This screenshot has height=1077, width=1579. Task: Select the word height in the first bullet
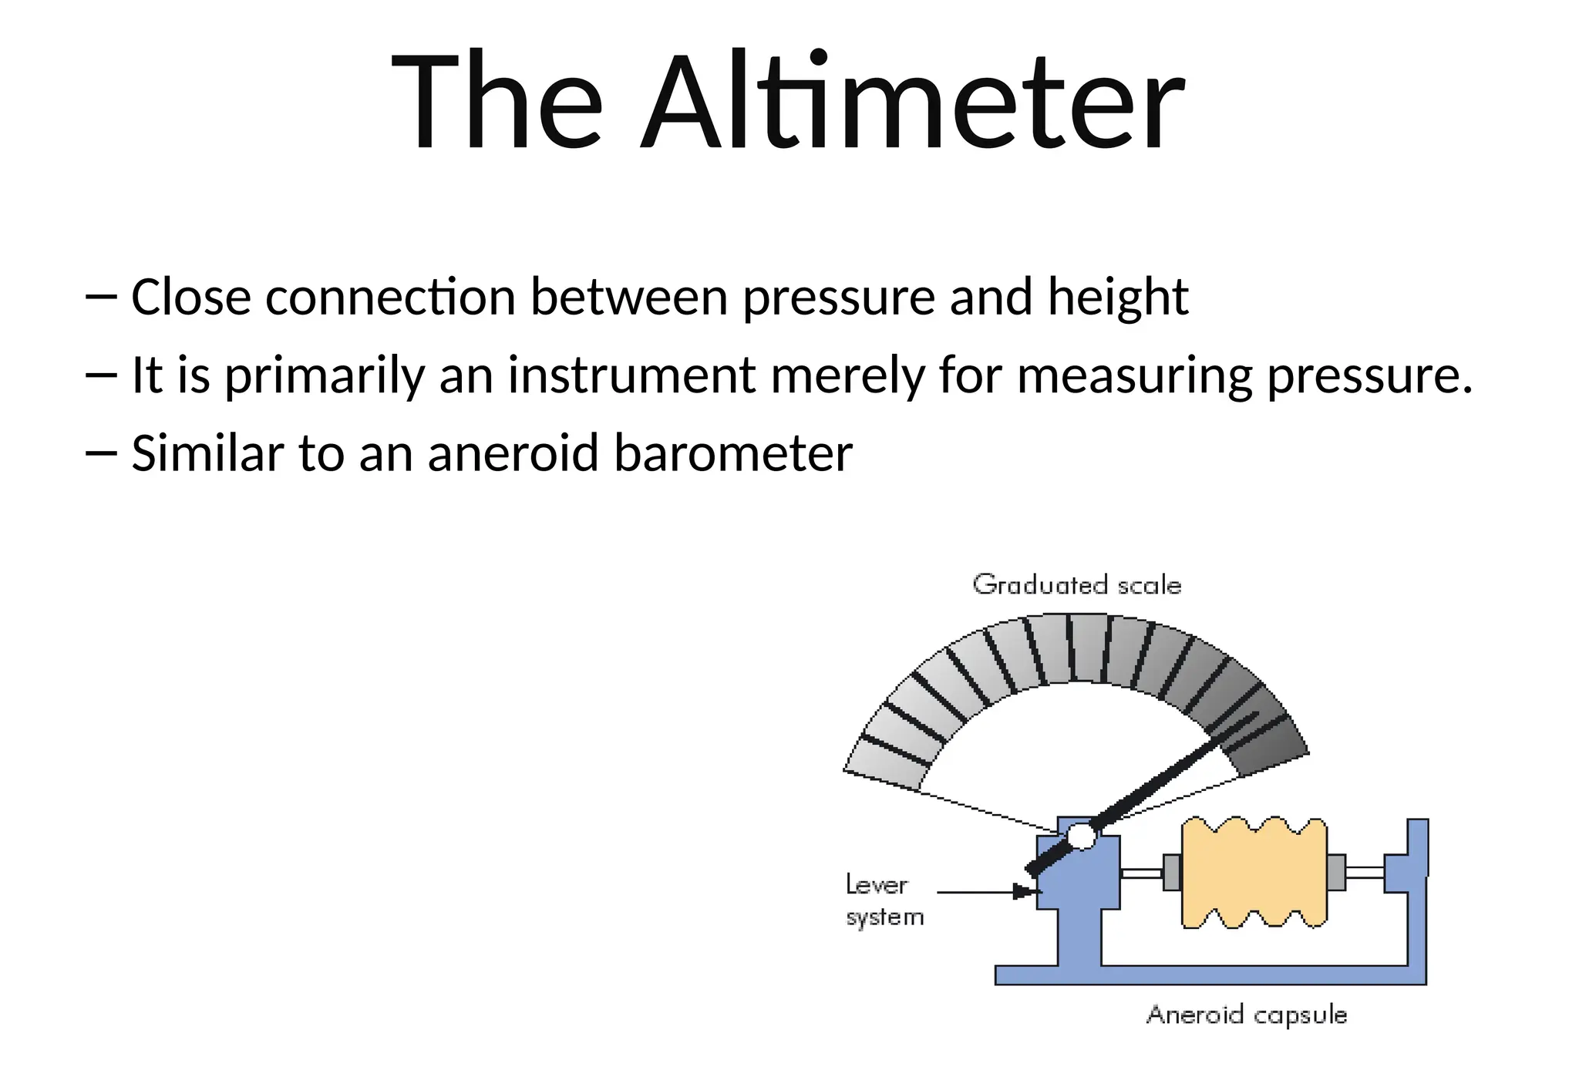coord(1118,298)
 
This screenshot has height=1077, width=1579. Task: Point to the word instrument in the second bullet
coord(631,375)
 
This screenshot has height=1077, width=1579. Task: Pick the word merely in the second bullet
coord(847,375)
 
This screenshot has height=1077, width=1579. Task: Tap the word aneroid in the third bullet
coord(513,453)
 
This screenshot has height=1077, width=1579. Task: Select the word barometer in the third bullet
coord(733,453)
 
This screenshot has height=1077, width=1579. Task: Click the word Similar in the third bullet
coord(207,453)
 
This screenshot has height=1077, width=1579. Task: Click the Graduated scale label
coord(1077,585)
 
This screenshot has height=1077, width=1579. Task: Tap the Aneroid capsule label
coord(1247,1015)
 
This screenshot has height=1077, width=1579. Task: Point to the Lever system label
coord(884,900)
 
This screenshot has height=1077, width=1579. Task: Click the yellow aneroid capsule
coord(1254,873)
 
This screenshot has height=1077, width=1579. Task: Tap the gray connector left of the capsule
coord(1172,873)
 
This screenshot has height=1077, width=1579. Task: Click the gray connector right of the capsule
coord(1337,873)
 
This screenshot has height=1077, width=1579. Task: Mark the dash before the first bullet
coord(101,297)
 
